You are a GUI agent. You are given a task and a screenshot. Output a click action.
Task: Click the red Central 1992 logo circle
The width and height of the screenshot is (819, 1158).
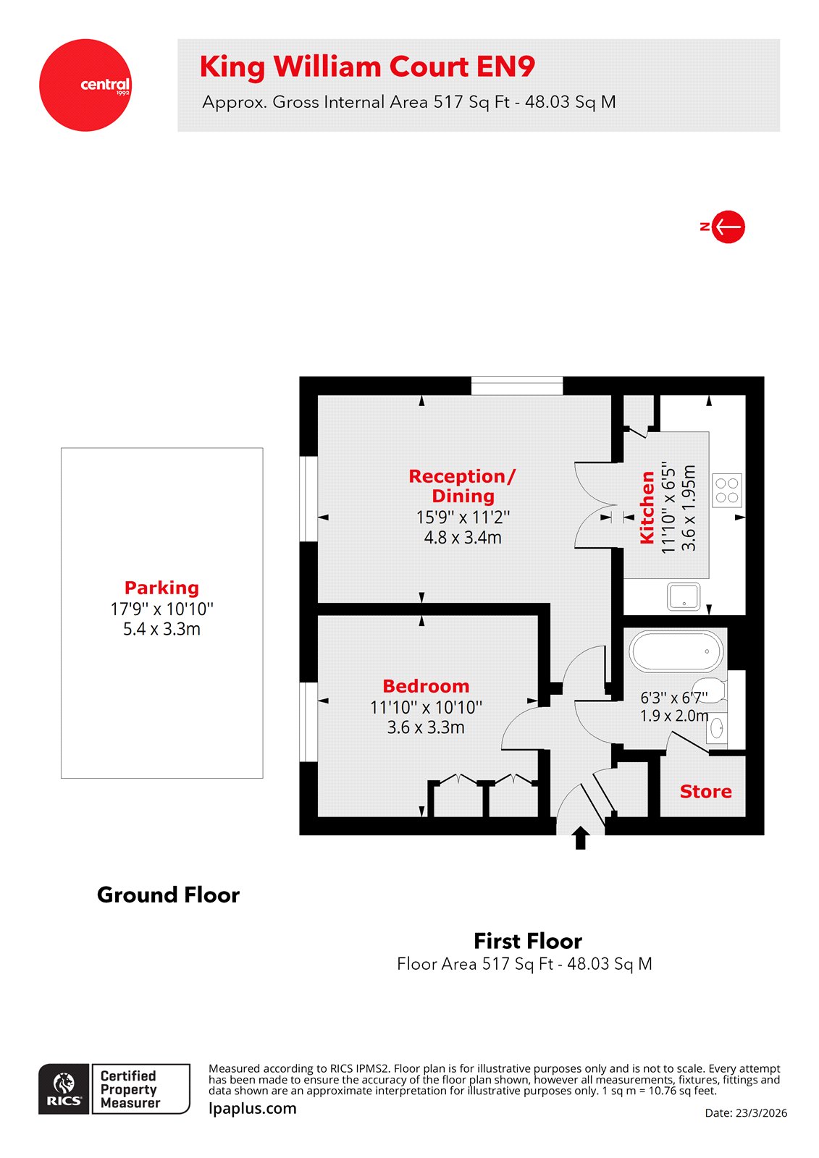coord(85,85)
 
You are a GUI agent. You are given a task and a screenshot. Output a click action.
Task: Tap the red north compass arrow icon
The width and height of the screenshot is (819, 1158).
coord(727,227)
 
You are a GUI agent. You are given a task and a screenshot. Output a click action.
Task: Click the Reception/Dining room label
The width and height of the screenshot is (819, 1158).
coord(462,486)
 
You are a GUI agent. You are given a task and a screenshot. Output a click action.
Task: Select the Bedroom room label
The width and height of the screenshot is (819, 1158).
coord(426,686)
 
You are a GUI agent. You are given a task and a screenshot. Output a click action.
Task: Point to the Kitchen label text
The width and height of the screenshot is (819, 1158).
coord(647,507)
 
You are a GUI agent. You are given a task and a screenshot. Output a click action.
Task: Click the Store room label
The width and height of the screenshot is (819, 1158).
coord(705,792)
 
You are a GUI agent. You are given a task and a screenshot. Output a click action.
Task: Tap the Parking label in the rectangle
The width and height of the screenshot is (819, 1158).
coord(161,588)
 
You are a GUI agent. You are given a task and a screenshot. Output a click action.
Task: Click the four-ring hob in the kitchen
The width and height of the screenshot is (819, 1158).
coord(726,490)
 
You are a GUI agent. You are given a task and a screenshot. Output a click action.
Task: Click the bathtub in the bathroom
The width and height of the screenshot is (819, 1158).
coord(676,651)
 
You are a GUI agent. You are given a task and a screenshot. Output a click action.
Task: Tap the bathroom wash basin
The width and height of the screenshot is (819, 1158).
coord(717,729)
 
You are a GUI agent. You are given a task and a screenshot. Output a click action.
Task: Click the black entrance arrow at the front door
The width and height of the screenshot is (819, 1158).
coord(580,838)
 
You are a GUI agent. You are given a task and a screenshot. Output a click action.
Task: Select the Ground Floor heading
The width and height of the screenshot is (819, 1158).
coord(168,895)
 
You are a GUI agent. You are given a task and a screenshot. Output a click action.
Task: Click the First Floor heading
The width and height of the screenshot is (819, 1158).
coord(527,941)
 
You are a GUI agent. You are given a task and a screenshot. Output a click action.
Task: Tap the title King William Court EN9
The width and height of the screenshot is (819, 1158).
coord(367,67)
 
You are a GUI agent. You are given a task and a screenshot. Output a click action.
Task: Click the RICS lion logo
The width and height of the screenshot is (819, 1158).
coord(64,1089)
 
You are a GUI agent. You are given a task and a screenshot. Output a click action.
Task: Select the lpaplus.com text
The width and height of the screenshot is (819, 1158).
coord(252,1108)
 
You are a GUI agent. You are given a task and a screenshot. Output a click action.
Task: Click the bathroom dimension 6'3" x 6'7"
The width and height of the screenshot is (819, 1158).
coord(673,698)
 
